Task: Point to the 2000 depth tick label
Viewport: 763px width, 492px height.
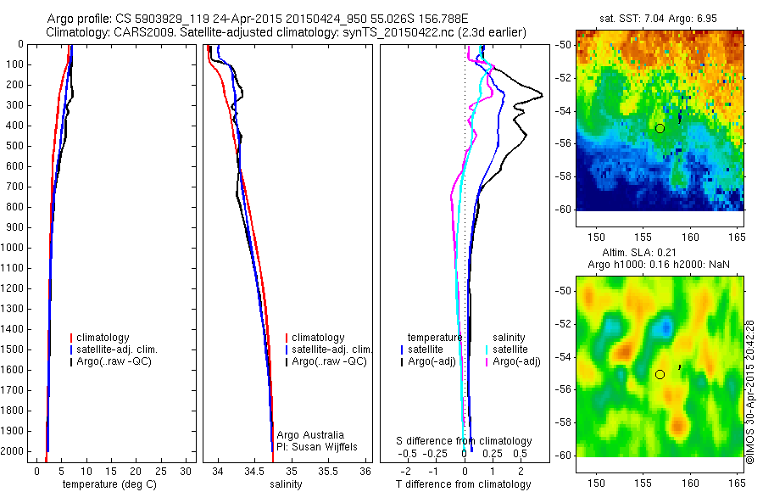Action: (12, 453)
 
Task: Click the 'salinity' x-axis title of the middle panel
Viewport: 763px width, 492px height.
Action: (286, 484)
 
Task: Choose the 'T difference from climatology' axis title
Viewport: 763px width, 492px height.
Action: (463, 484)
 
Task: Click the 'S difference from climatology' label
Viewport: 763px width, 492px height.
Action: (465, 441)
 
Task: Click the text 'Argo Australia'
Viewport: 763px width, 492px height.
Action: (309, 435)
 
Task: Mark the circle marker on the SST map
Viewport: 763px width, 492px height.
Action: (660, 128)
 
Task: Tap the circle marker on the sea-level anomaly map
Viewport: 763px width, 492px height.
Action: (660, 374)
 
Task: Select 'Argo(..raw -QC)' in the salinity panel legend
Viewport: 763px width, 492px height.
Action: (329, 361)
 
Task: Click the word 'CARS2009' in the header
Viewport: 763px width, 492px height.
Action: (136, 32)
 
